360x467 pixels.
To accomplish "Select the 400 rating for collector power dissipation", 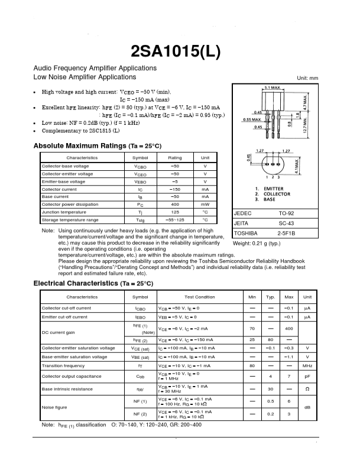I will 175,204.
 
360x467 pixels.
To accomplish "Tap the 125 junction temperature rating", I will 175,212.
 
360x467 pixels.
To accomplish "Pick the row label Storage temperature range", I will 70,219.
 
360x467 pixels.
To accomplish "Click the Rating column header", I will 175,158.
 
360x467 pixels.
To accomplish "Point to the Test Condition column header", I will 199,297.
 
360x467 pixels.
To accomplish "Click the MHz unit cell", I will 307,366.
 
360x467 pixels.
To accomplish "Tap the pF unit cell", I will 307,375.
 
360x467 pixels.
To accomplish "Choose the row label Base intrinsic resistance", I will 68,388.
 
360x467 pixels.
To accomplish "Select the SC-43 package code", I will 287,223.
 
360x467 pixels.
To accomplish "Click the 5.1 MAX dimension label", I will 272,87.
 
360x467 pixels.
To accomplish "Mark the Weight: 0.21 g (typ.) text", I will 257,244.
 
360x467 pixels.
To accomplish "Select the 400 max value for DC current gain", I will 288,328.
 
